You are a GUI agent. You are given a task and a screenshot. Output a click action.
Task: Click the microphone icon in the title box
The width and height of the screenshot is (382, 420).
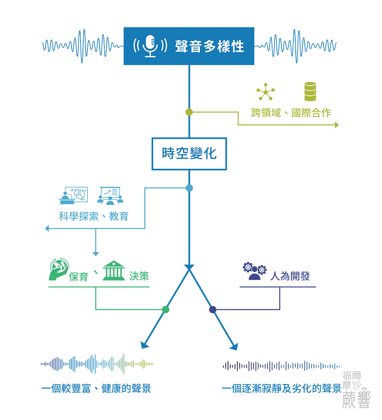(151, 46)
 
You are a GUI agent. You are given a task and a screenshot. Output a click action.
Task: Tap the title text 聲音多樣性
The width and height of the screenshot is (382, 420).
(210, 46)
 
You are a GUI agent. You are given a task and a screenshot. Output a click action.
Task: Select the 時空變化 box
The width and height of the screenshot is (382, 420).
(189, 154)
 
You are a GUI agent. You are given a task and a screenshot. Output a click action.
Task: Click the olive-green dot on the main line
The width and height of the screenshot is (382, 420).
(189, 112)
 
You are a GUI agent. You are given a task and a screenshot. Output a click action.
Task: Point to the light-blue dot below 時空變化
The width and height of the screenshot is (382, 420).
(189, 188)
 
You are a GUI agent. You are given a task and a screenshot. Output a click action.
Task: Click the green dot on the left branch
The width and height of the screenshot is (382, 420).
(166, 310)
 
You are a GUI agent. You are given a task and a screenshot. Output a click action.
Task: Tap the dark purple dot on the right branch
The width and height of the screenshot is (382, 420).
(212, 310)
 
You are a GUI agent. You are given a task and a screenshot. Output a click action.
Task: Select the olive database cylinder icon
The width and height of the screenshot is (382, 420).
(311, 92)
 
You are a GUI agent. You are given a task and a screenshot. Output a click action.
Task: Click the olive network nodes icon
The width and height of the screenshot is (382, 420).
(265, 92)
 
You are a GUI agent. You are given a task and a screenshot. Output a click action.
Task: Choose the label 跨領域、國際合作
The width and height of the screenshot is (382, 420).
(291, 113)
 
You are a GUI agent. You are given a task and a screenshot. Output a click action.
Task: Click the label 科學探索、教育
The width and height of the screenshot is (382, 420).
(94, 216)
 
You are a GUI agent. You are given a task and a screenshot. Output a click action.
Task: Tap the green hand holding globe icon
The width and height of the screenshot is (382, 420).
(59, 270)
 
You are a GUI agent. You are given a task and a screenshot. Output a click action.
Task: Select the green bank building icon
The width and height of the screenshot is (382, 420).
(114, 271)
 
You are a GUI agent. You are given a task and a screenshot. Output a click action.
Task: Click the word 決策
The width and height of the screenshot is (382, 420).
(139, 276)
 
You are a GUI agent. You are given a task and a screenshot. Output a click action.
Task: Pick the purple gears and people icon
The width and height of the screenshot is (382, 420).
(255, 271)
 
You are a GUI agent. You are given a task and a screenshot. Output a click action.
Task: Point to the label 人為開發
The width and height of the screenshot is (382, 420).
(290, 276)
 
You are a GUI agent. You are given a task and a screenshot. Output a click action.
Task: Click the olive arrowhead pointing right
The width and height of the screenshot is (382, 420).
(337, 125)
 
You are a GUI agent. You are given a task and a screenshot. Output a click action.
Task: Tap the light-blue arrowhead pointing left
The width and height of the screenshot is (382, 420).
(47, 228)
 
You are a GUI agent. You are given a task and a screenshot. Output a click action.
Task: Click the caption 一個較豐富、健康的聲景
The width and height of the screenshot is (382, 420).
(96, 388)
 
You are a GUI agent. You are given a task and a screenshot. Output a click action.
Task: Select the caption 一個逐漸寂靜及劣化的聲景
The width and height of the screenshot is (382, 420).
(282, 388)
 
